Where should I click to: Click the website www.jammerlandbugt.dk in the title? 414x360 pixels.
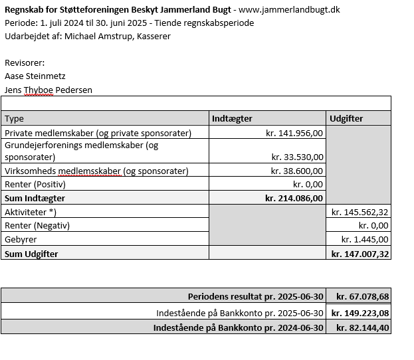coord(289,10)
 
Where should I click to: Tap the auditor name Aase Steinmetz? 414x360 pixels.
coord(35,76)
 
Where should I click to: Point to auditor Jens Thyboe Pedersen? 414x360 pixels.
coord(48,89)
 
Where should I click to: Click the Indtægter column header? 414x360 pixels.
coord(232,118)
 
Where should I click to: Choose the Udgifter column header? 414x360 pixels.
coord(347,118)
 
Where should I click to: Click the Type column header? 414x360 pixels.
coord(14,118)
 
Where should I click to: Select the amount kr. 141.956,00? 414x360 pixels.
coord(294,133)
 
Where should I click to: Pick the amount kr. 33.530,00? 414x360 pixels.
coord(297,157)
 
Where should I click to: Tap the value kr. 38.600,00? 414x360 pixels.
coord(297,171)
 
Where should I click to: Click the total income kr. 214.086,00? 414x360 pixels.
coord(294,198)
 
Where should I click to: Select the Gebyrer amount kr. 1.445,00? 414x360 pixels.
coord(365,239)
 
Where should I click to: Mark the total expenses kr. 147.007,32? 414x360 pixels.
coord(360,254)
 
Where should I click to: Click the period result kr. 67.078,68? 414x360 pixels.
coord(362,296)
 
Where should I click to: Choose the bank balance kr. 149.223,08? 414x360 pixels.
coord(360,313)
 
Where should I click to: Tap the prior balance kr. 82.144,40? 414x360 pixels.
coord(362,327)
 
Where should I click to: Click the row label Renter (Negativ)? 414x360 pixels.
coord(37,225)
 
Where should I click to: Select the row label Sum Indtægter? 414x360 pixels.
coord(36,198)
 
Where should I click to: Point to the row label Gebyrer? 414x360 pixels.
coord(21,239)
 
